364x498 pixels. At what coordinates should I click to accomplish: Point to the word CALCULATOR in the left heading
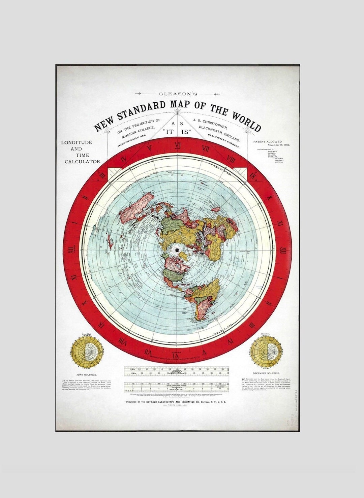coord(83,162)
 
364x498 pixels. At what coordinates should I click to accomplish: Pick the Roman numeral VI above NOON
coord(177,145)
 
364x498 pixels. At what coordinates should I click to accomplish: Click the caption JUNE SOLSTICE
coord(86,374)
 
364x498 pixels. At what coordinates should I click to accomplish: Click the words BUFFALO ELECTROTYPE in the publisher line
coord(165,402)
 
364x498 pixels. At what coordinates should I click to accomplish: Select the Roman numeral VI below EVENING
coord(176,356)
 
